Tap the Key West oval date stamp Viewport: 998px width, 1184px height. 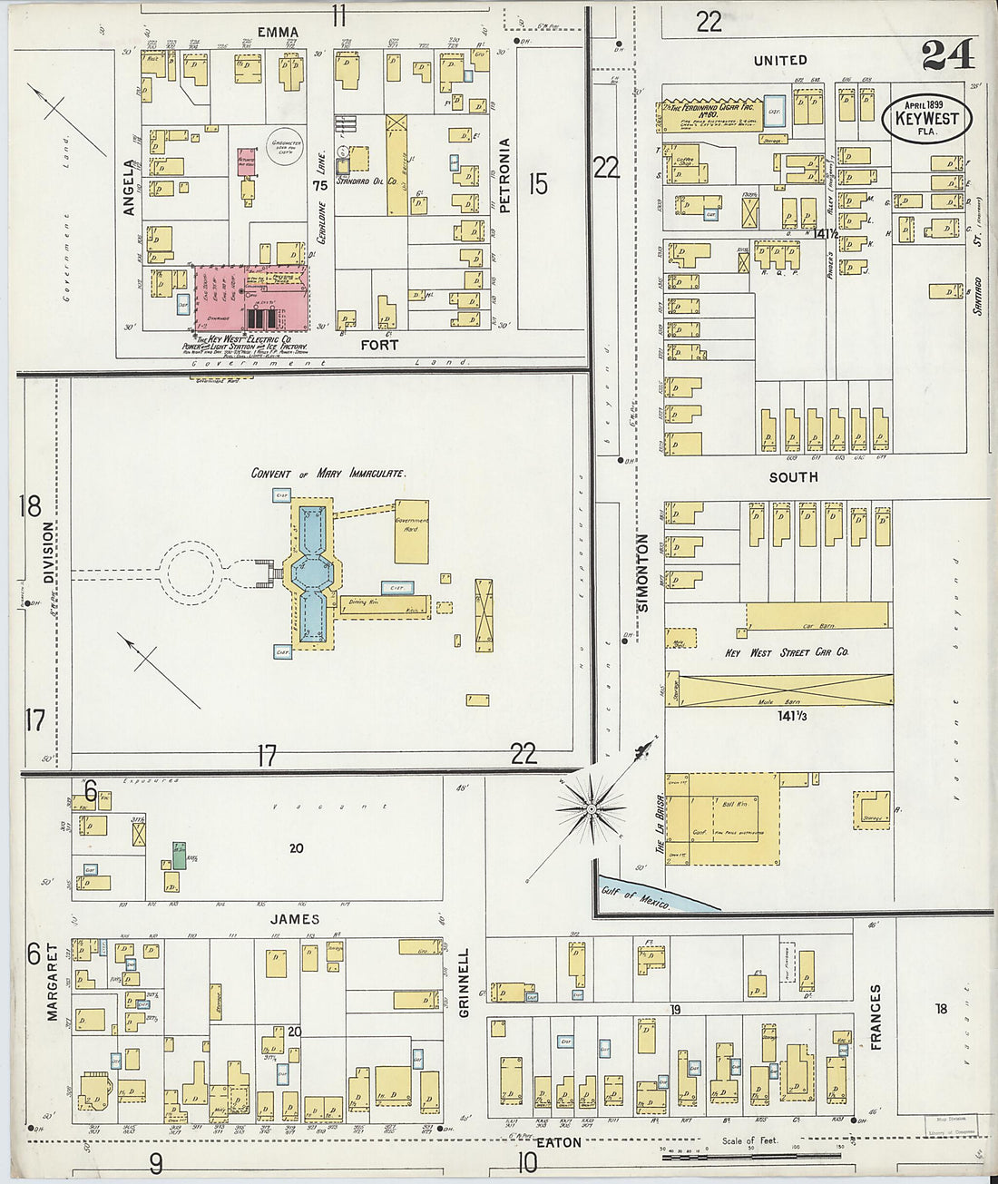point(926,119)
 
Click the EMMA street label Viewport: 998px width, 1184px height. point(278,32)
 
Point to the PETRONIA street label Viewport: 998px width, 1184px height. point(505,175)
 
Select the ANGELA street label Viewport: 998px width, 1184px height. point(129,188)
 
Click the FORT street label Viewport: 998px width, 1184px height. point(379,345)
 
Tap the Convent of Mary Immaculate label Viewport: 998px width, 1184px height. point(328,473)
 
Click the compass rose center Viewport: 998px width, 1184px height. point(591,807)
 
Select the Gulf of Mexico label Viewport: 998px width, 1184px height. point(635,895)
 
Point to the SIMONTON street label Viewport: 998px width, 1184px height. point(642,572)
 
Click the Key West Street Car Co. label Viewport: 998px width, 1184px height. point(787,652)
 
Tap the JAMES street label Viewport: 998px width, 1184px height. point(295,919)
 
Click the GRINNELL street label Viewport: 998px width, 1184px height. point(465,982)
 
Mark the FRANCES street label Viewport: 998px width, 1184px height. point(876,1017)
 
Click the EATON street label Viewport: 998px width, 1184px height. point(558,1143)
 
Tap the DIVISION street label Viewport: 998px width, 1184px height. point(49,552)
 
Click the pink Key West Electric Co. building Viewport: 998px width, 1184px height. point(252,298)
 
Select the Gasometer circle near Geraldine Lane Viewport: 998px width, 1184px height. point(285,145)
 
